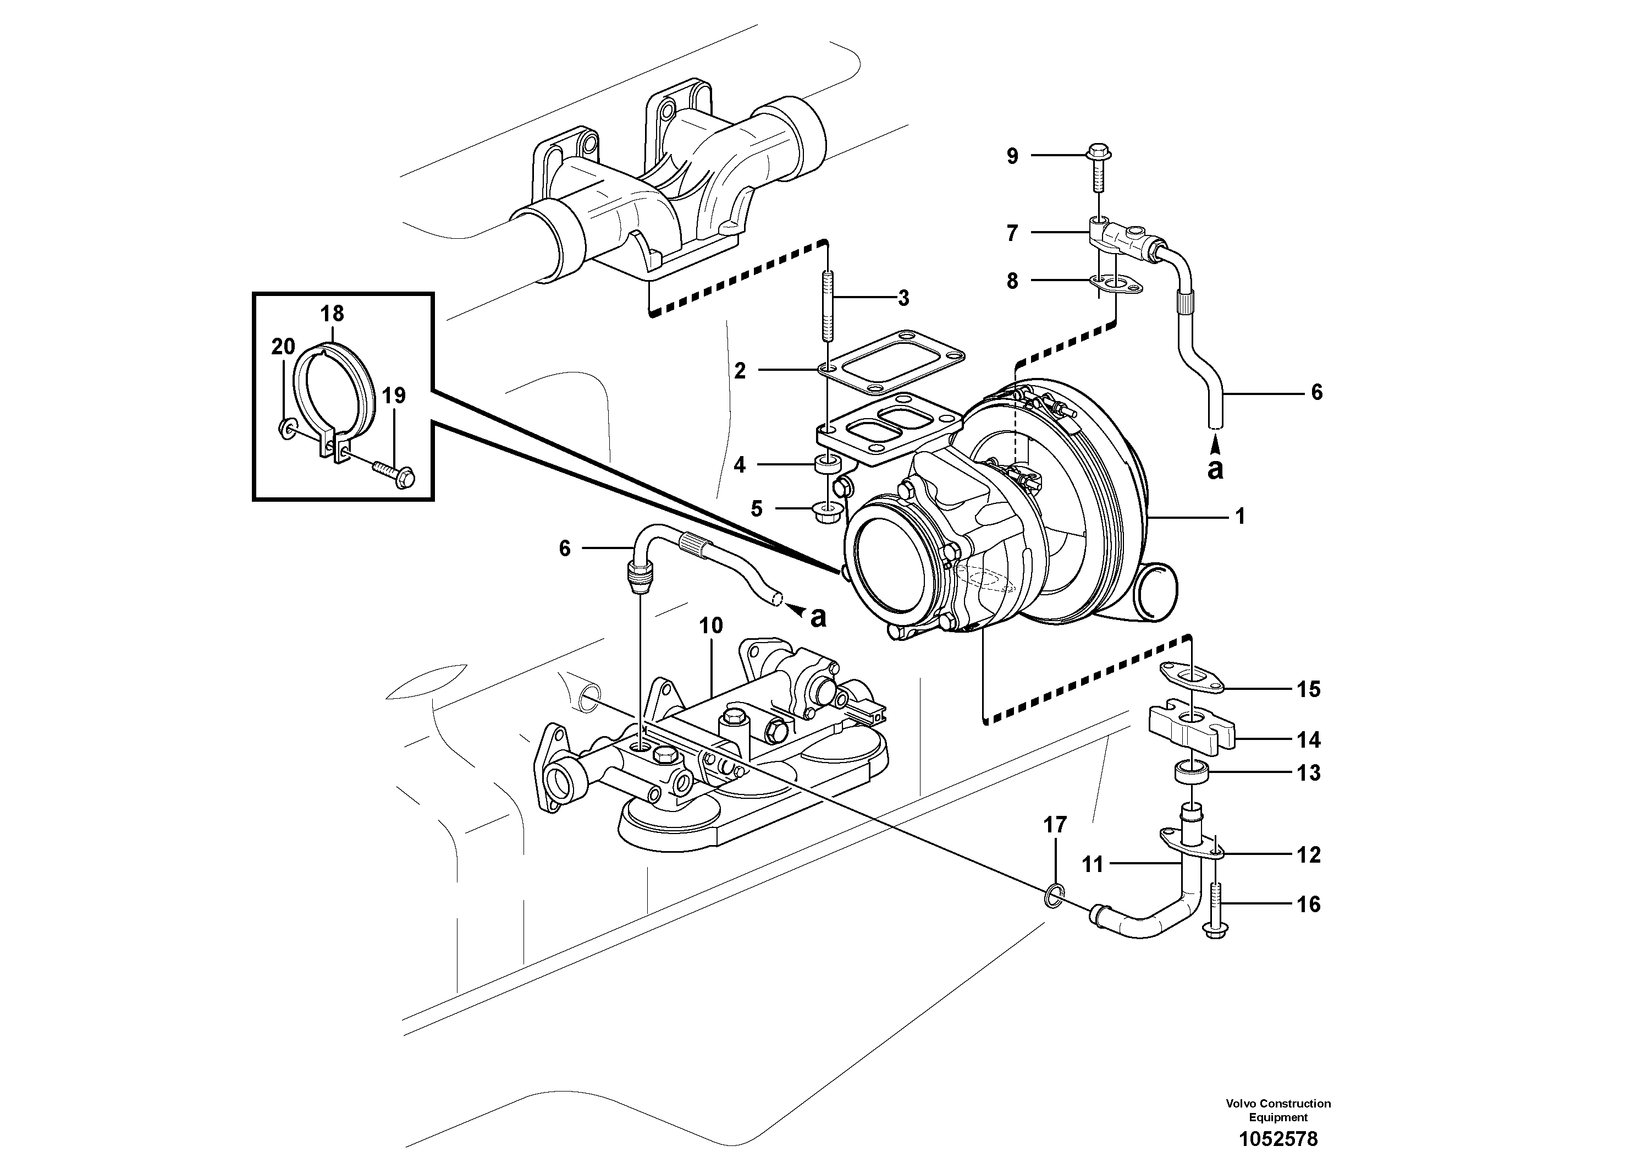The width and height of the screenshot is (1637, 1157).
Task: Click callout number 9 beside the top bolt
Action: point(1012,156)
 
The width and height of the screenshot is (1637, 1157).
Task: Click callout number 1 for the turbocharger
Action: point(1240,515)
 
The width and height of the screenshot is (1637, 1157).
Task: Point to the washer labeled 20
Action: point(288,428)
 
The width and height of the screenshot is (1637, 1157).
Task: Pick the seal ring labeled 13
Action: point(1190,772)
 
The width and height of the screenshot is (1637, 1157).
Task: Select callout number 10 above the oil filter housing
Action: point(711,626)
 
